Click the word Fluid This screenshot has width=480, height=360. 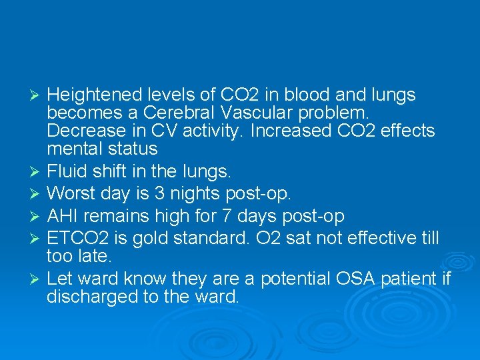coord(65,171)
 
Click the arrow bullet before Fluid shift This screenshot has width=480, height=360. coord(37,172)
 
